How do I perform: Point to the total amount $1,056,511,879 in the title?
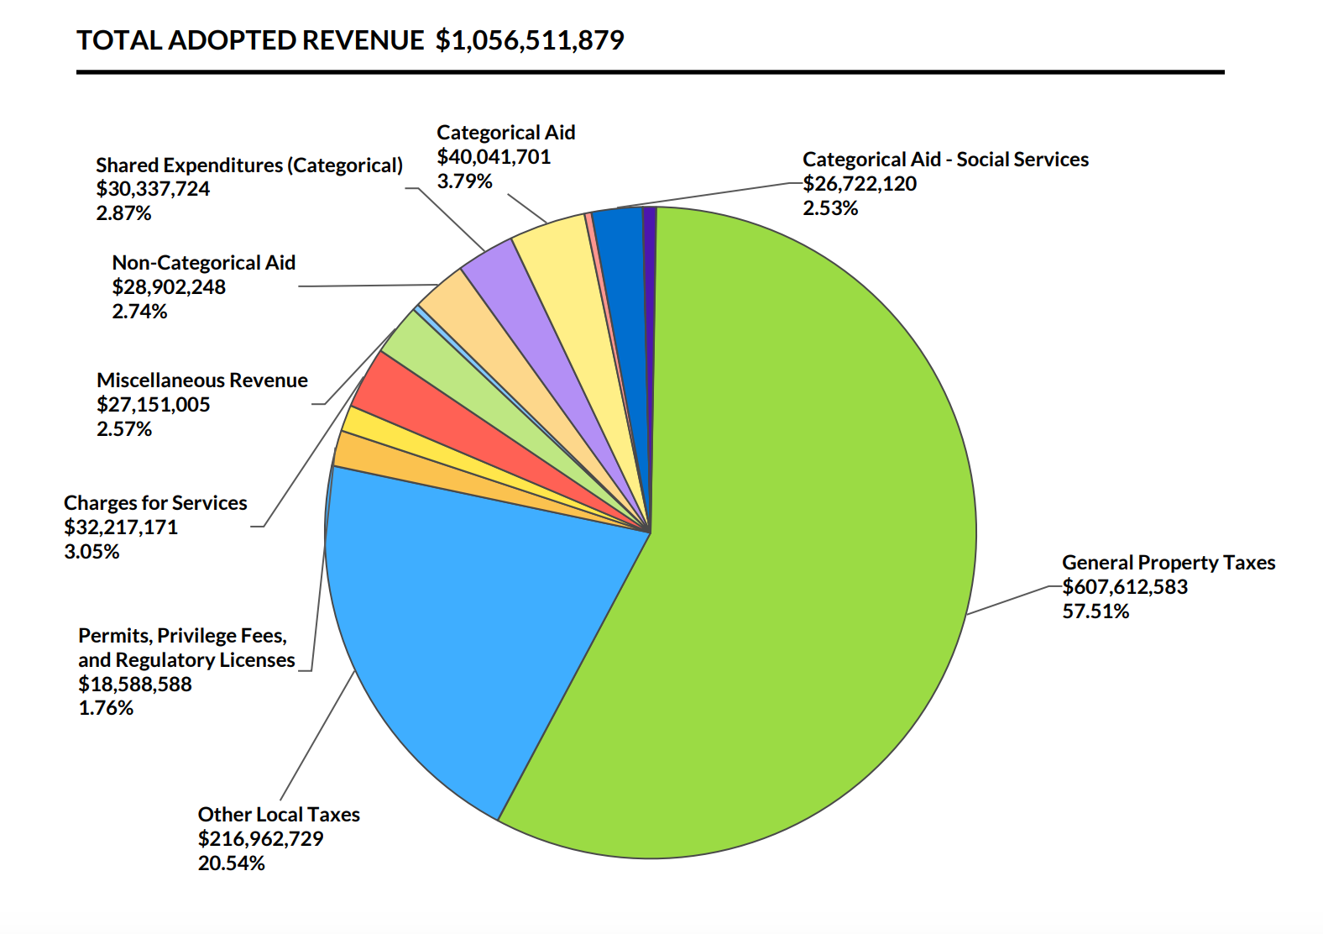530,40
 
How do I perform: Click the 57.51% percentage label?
1096,611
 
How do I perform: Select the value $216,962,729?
260,839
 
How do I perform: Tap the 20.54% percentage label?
231,863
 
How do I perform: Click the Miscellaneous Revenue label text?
202,380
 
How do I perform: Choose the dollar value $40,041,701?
494,157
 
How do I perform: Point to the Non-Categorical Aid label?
204,263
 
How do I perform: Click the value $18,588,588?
135,685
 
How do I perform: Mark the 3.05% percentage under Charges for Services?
92,552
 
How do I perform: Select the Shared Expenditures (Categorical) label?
249,165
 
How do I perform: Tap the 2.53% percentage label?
830,208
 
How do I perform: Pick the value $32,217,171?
121,527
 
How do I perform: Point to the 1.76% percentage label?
106,708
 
